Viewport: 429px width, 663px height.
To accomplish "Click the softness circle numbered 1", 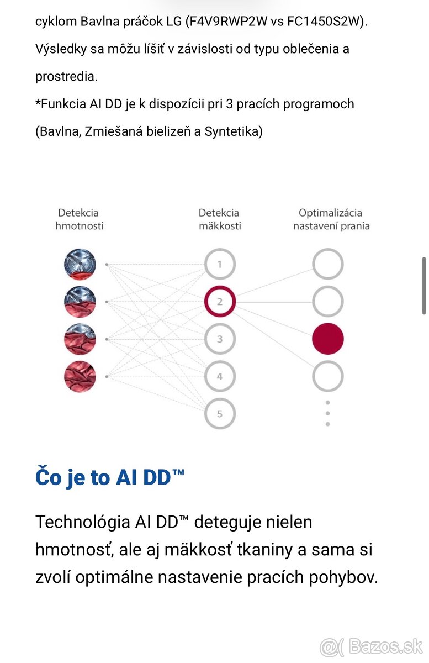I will pyautogui.click(x=219, y=264).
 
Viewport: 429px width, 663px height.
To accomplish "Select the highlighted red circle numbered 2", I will pyautogui.click(x=219, y=302).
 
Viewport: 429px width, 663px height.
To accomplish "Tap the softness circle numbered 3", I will pyautogui.click(x=219, y=339).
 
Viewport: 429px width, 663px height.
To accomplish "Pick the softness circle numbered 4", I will pyautogui.click(x=219, y=377).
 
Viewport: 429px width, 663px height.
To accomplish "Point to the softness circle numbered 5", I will pyautogui.click(x=219, y=414).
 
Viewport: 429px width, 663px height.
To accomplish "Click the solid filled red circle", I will pyautogui.click(x=328, y=339).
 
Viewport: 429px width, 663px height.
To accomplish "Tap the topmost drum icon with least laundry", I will pyautogui.click(x=80, y=264).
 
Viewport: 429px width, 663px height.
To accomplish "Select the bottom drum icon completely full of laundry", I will pyautogui.click(x=80, y=377).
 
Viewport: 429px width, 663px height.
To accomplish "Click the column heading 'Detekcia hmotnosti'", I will pyautogui.click(x=80, y=219).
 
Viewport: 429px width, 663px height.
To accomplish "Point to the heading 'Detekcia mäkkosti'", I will pyautogui.click(x=219, y=219).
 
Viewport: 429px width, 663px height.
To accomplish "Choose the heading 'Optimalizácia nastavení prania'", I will pyautogui.click(x=331, y=219).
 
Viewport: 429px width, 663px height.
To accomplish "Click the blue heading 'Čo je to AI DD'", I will pyautogui.click(x=110, y=477).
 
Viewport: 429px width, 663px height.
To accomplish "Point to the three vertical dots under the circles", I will pyautogui.click(x=328, y=413).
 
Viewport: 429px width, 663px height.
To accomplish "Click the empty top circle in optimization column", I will pyautogui.click(x=328, y=264).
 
